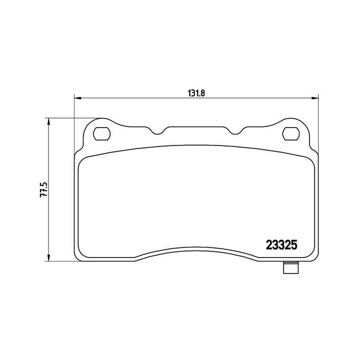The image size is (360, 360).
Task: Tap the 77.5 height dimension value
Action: pyautogui.click(x=44, y=190)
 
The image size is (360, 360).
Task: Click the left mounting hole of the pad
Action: pyautogui.click(x=102, y=133)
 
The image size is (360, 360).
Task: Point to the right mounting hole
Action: pyautogui.click(x=290, y=133)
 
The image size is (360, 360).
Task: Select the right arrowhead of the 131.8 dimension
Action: pyautogui.click(x=315, y=97)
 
